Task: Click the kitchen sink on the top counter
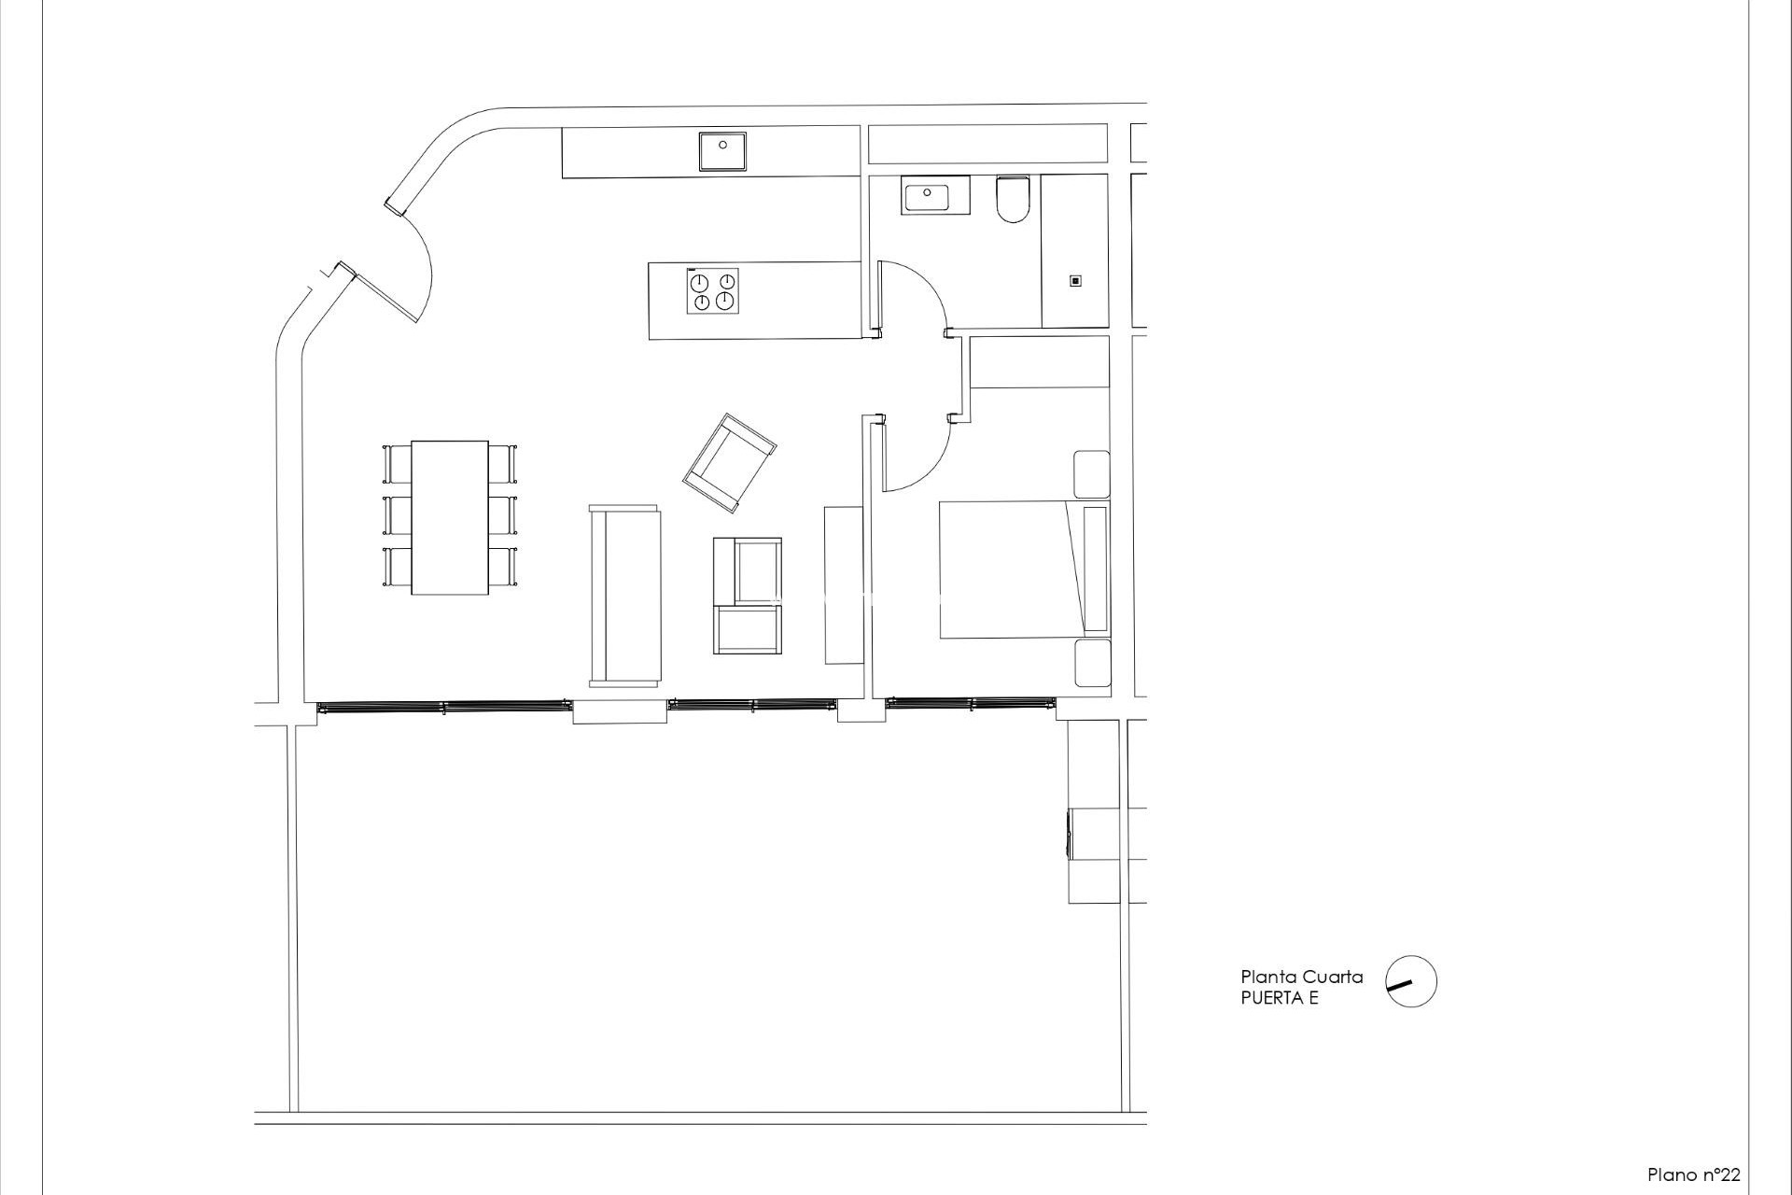[x=723, y=151]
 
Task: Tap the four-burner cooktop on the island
[x=713, y=291]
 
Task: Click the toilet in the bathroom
[x=1011, y=200]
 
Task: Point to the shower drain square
[x=1075, y=281]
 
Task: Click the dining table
[x=450, y=516]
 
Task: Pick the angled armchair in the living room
[x=729, y=463]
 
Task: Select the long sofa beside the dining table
[x=624, y=596]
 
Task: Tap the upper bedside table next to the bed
[x=1091, y=474]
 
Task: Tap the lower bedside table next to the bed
[x=1091, y=663]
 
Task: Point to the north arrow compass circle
[x=1410, y=981]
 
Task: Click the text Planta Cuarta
[x=1301, y=977]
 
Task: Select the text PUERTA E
[x=1279, y=998]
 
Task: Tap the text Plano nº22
[x=1693, y=1174]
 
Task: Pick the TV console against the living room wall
[x=844, y=584]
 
